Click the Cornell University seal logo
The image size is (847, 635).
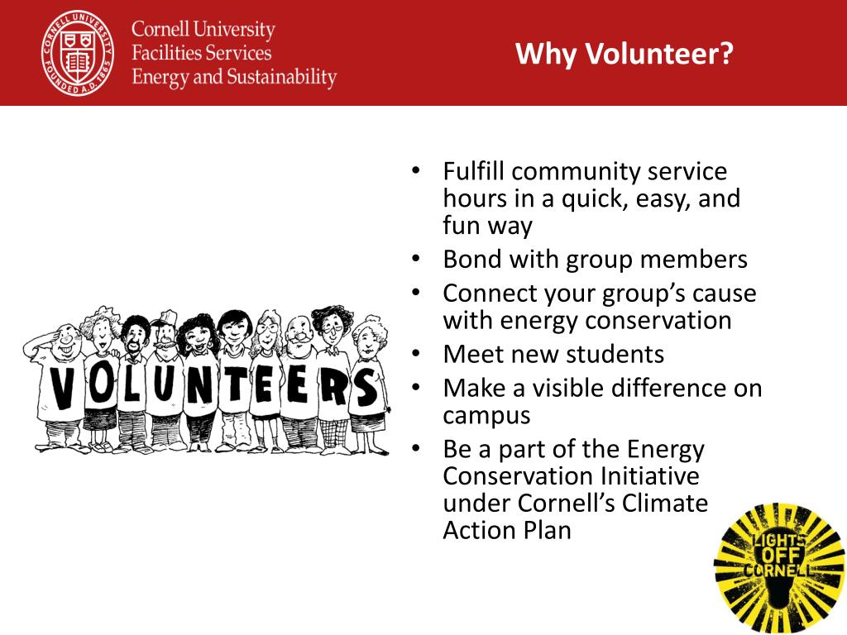78,53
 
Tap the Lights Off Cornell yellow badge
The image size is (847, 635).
779,568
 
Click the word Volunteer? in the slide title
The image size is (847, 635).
659,54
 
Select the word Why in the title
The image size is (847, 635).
548,54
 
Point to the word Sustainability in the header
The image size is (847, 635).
281,77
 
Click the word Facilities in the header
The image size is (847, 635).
165,53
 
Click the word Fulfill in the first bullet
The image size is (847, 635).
474,171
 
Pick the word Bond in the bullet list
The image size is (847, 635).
472,259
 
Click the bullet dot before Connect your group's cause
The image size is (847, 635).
415,293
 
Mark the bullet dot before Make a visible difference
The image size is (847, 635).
415,388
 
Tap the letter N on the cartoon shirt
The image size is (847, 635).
200,385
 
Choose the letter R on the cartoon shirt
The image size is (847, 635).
335,387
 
